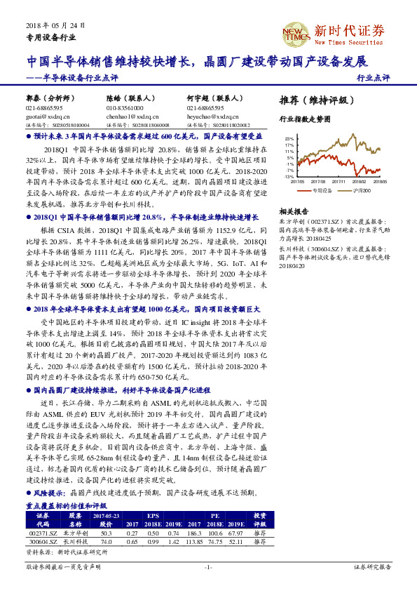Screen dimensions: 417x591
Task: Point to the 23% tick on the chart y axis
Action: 289,139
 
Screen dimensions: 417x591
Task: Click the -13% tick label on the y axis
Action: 289,177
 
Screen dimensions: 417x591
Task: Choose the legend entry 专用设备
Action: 322,190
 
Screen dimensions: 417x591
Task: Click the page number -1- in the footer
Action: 207,566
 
